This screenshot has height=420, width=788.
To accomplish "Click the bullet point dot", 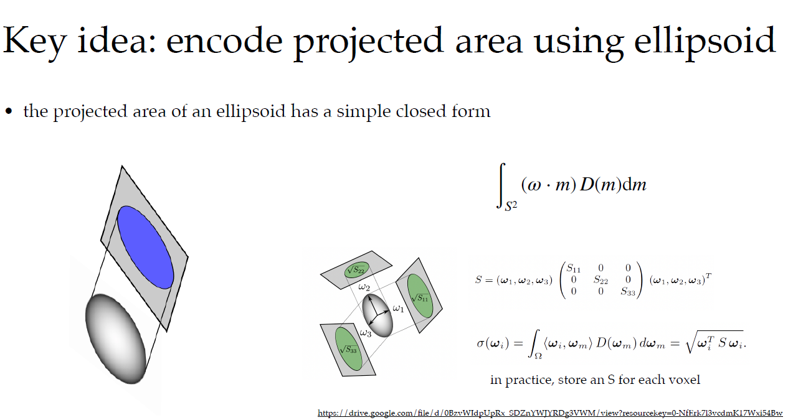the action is tap(9, 112).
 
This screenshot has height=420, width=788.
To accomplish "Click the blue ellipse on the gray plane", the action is tap(145, 247).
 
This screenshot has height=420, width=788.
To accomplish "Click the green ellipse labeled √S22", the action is tap(356, 269).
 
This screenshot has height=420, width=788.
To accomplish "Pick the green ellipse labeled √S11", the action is tap(420, 295).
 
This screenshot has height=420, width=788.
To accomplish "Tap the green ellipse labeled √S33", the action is tap(349, 348).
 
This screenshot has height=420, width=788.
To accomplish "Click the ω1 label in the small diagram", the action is tap(399, 308).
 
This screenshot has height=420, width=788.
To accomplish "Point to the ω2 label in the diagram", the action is tap(364, 287).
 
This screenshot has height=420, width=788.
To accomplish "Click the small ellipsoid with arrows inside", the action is tap(378, 315).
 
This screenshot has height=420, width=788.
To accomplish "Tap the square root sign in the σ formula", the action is tap(691, 343).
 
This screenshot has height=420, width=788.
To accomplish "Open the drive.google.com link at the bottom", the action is tap(549, 413).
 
